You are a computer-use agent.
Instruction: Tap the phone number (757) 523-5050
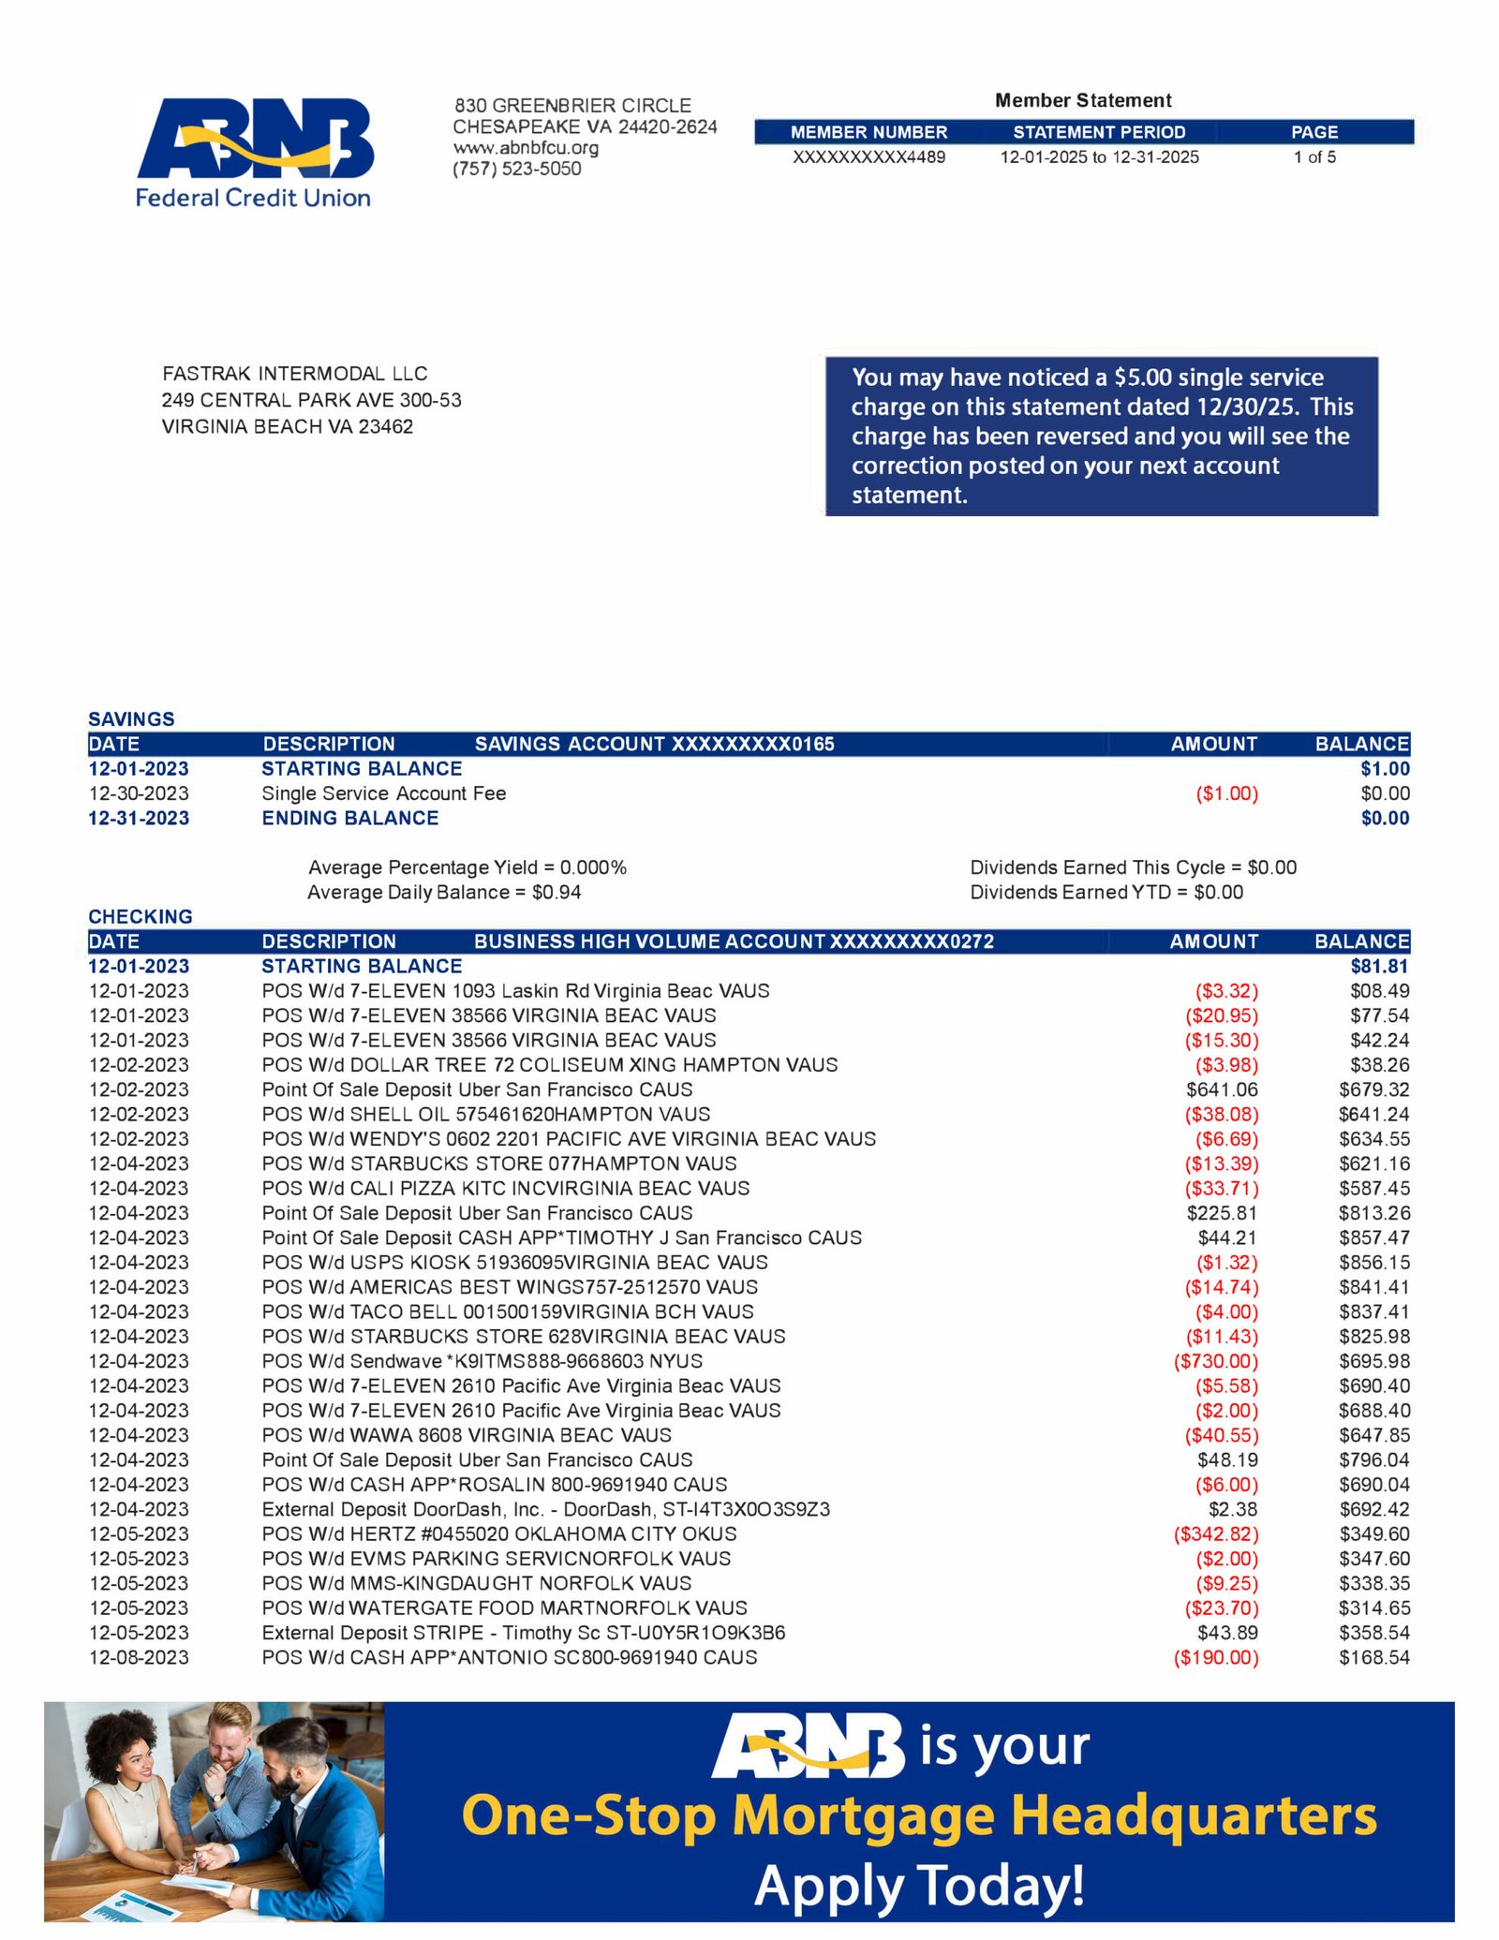tap(516, 170)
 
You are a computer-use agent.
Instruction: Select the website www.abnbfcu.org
tap(526, 148)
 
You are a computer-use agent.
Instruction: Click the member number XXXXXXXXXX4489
tap(868, 157)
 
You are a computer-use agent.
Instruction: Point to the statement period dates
tap(1099, 157)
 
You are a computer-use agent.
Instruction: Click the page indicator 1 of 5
tap(1314, 157)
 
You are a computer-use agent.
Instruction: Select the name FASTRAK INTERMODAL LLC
tap(294, 374)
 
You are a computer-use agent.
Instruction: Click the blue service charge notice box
tap(1101, 436)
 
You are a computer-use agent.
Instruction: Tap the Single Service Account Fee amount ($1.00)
tap(1226, 794)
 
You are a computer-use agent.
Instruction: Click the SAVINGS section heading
tap(131, 719)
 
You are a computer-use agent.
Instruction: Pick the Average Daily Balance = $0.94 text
tap(444, 893)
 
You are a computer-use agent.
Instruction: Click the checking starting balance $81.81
tap(1379, 967)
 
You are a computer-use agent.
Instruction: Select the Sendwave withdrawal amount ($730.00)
tap(1215, 1362)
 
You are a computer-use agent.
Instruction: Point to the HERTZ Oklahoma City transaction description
tap(498, 1534)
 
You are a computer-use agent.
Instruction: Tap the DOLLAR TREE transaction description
tap(549, 1065)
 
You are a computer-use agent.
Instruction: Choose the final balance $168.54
tap(1373, 1658)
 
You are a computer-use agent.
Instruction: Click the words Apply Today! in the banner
tap(919, 1885)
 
